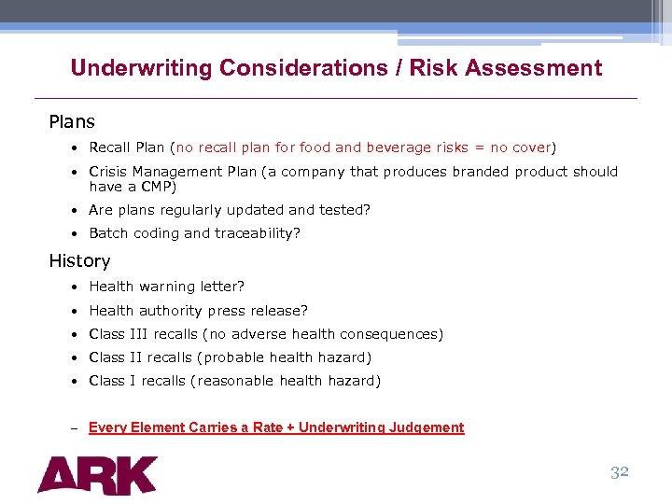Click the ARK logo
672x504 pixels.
pyautogui.click(x=97, y=474)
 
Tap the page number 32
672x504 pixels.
pyautogui.click(x=620, y=471)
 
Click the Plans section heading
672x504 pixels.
pyautogui.click(x=72, y=121)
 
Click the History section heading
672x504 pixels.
pyautogui.click(x=79, y=261)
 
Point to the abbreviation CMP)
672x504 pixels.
pyautogui.click(x=158, y=186)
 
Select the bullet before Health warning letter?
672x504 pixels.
pyautogui.click(x=73, y=287)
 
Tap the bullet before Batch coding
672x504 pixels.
pyautogui.click(x=73, y=233)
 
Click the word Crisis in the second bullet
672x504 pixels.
pyautogui.click(x=107, y=172)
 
